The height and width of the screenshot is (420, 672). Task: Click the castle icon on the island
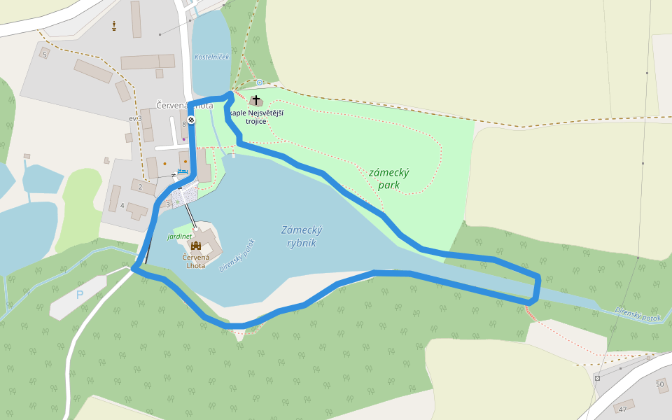click(x=196, y=246)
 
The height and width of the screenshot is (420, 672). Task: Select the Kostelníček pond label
click(x=211, y=57)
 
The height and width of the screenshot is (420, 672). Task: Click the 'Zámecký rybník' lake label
click(x=302, y=236)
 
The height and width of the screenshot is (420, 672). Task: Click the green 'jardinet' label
click(x=179, y=237)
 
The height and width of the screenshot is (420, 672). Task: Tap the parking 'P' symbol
click(x=79, y=295)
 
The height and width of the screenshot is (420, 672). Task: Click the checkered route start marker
click(x=191, y=120)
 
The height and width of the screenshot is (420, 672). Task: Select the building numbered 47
click(x=623, y=408)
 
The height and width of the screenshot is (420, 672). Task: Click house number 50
click(x=659, y=384)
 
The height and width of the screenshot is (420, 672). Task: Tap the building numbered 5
click(x=44, y=55)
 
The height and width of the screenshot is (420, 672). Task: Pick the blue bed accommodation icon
click(x=182, y=171)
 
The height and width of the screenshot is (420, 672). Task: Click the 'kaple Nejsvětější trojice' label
click(x=259, y=117)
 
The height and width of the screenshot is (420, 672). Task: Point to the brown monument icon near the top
click(x=114, y=27)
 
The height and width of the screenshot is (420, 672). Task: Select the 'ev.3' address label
click(x=135, y=118)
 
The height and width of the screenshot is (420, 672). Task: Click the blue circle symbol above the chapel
click(x=259, y=83)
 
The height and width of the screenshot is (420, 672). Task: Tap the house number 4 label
click(x=122, y=205)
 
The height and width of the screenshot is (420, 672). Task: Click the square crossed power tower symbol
click(x=597, y=378)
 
